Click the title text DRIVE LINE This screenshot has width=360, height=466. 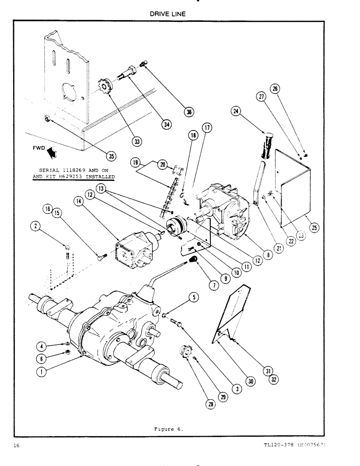[167, 14]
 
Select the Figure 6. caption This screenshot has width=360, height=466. [168, 427]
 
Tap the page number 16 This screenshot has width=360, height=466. [17, 446]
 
